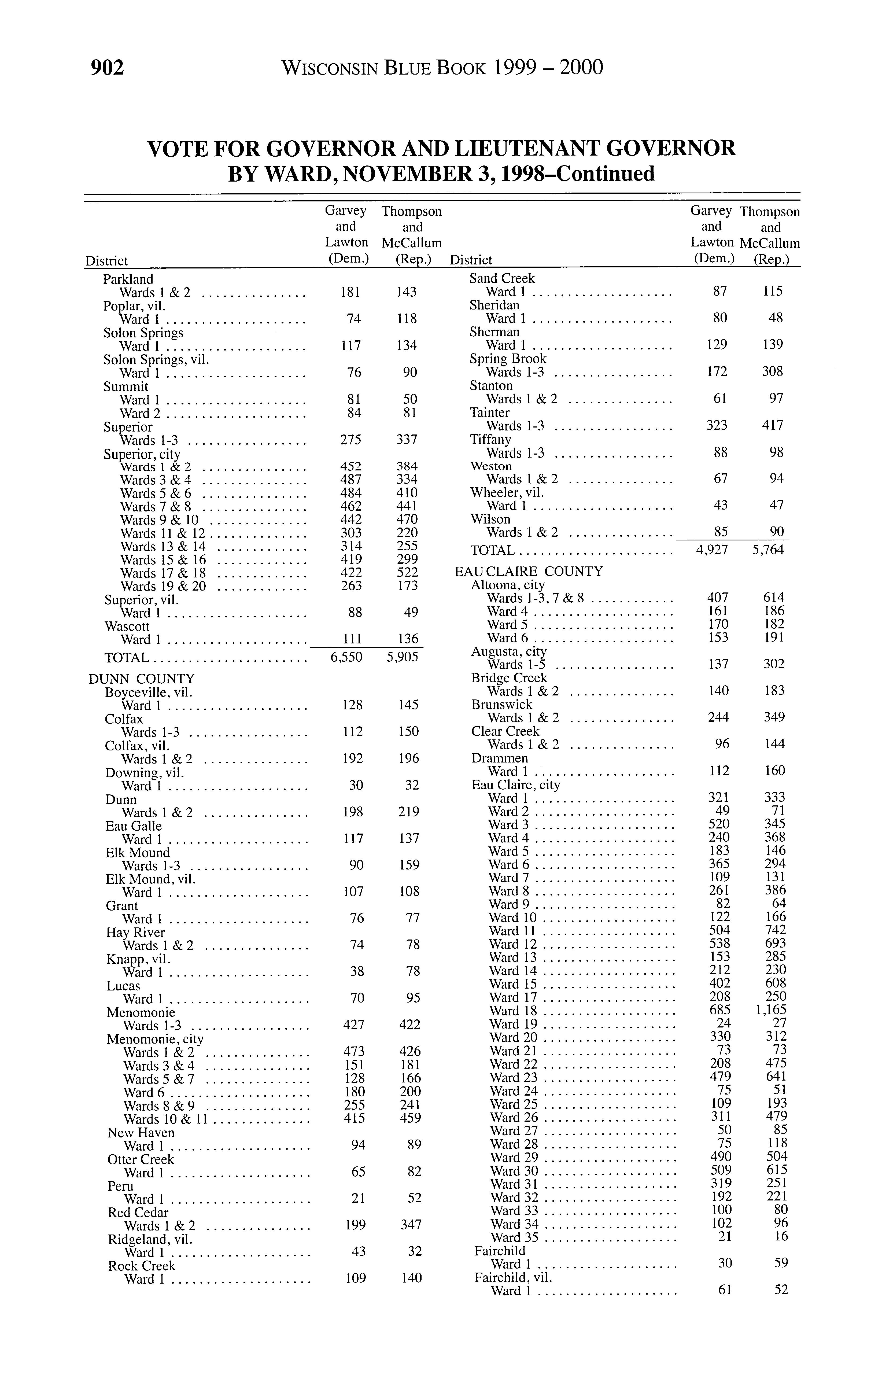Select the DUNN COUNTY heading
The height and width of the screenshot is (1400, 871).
[142, 679]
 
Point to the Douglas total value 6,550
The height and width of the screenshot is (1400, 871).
[346, 657]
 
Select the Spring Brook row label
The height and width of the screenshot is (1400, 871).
[508, 358]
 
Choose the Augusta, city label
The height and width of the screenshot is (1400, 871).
[509, 651]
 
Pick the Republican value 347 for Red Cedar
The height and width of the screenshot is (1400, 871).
[411, 1224]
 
